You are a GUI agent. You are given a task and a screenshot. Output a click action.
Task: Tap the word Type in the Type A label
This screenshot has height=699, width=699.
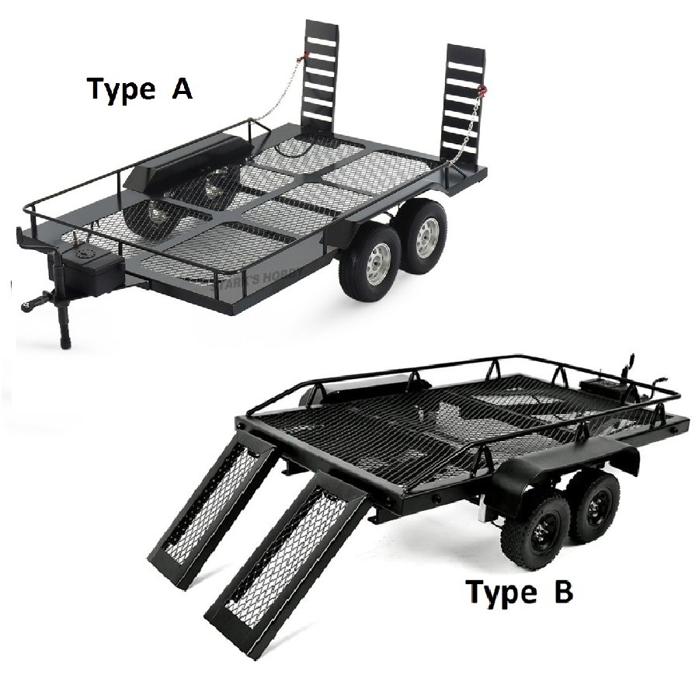tap(121, 89)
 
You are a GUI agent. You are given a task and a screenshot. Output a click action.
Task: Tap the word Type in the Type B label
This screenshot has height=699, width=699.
tap(501, 593)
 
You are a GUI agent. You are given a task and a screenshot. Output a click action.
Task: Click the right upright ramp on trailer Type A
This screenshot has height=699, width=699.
tap(464, 101)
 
